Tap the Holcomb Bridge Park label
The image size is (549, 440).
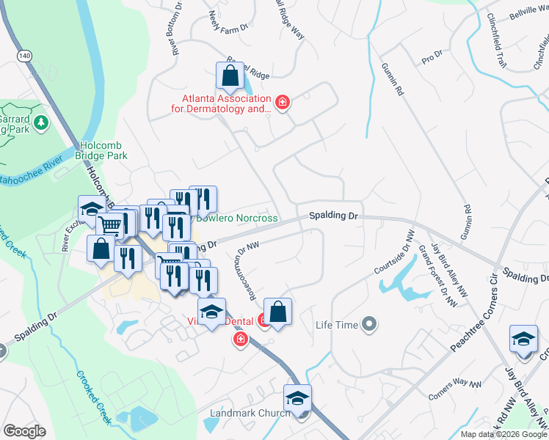(x=101, y=150)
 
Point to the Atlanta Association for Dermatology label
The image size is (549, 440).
(x=227, y=103)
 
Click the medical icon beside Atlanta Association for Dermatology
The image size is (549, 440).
(x=282, y=103)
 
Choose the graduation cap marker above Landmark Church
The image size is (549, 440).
(x=297, y=398)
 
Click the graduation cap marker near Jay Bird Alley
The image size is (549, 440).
(x=523, y=339)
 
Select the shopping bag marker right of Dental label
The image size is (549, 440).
(x=278, y=312)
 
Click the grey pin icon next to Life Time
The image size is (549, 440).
(x=370, y=323)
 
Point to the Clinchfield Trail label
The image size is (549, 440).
(x=498, y=41)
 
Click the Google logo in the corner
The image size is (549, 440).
(x=24, y=431)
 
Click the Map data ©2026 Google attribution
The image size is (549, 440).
(x=503, y=434)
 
